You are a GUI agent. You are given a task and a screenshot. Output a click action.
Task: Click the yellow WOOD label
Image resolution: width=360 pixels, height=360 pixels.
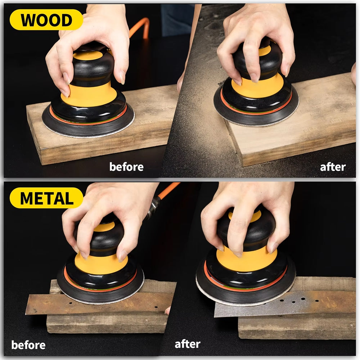(46, 20)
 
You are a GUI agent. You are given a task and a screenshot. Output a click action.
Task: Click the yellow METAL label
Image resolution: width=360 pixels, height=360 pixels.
(46, 198)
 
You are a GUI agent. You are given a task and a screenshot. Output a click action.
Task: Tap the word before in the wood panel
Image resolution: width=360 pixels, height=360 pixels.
(126, 167)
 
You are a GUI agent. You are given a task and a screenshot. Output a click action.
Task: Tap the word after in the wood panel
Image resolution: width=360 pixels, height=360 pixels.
(333, 167)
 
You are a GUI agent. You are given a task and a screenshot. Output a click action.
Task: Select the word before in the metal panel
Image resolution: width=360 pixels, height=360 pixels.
(28, 345)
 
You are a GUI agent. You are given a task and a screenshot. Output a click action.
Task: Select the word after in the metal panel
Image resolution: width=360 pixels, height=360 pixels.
(187, 344)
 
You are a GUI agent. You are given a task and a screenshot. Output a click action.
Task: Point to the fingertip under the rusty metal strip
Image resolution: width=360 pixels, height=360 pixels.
(168, 310)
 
